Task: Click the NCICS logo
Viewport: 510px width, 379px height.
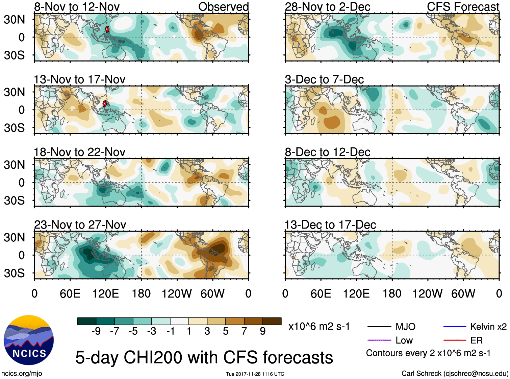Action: point(29,340)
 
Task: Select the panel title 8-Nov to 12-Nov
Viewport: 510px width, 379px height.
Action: point(77,7)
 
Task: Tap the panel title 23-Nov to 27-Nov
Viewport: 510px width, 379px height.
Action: point(80,225)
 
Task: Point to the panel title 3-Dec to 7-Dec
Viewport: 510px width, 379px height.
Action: point(324,80)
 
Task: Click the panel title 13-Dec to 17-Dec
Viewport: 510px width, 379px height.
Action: point(330,225)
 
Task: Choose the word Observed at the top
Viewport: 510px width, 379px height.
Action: point(223,7)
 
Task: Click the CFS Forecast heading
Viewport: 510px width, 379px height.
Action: point(463,7)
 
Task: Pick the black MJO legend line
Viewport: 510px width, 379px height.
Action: point(379,327)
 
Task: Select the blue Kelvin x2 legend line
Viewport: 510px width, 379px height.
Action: point(455,327)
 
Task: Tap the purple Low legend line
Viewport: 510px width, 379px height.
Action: point(379,340)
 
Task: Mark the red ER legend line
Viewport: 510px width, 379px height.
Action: point(455,340)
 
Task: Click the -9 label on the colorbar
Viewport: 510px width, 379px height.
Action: point(96,331)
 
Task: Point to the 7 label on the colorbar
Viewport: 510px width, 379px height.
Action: point(244,331)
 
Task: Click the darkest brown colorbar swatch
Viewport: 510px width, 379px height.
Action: point(272,321)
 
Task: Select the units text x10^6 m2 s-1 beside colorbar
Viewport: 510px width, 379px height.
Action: point(319,327)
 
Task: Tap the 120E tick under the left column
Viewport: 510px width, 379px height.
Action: point(105,293)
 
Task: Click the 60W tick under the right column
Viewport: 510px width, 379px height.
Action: point(463,293)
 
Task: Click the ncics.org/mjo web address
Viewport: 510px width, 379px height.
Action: point(22,374)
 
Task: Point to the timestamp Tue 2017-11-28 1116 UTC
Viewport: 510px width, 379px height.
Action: point(255,374)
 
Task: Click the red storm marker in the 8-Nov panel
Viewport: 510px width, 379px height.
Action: point(107,29)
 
